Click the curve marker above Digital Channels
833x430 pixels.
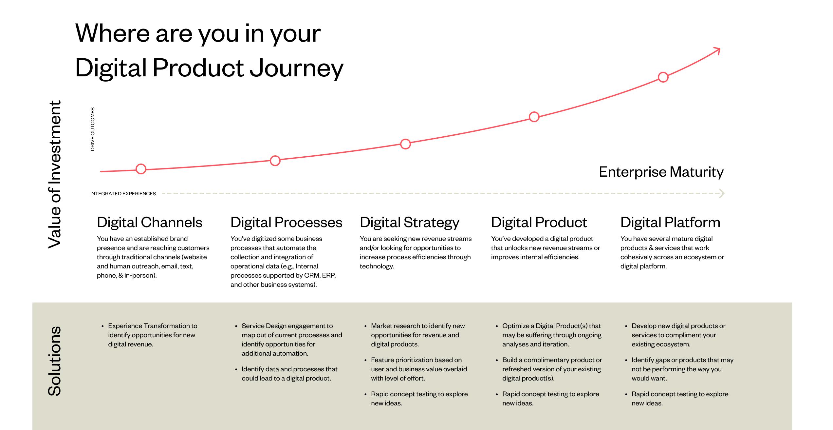141,169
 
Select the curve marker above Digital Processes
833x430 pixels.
275,161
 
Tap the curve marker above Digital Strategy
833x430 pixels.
405,144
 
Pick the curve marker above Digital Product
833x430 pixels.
534,117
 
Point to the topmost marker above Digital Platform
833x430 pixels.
663,77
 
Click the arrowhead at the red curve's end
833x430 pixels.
717,51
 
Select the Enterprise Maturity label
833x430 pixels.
661,172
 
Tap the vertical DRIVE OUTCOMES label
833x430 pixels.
93,129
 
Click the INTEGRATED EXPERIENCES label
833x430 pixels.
123,194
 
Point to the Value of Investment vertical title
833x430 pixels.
55,174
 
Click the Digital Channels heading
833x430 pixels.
149,222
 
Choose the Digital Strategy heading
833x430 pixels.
409,222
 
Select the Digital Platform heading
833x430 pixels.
670,222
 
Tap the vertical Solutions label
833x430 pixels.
55,361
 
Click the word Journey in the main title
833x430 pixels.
296,68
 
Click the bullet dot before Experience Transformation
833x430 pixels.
102,326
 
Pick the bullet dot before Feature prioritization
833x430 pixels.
365,360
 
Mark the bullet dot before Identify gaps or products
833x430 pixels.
626,360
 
